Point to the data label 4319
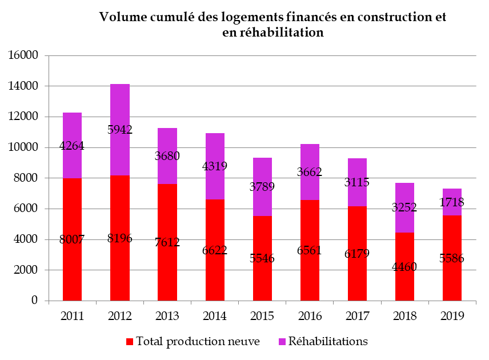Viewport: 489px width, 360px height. (x=215, y=167)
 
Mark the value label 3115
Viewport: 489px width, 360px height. (x=357, y=182)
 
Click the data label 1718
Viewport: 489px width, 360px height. (x=452, y=202)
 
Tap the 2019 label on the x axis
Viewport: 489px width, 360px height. (x=452, y=315)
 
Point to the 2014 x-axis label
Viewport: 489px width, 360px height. (x=215, y=315)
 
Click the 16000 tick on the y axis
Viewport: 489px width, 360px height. (x=23, y=56)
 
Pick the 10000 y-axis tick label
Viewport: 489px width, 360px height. (x=23, y=148)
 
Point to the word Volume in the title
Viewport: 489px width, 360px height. (x=121, y=17)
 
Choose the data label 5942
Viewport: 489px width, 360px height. (x=120, y=130)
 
